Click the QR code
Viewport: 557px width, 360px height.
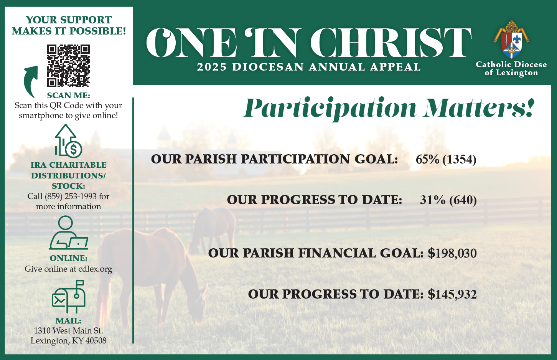click(68, 66)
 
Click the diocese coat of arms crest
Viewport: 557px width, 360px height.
click(511, 39)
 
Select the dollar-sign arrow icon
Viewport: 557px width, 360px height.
click(68, 141)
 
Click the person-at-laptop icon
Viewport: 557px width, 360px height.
click(69, 233)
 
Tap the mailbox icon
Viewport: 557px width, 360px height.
click(69, 297)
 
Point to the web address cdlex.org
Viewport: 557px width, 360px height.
click(95, 269)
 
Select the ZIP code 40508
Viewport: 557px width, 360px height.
click(96, 340)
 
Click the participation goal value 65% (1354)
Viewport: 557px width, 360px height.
click(446, 160)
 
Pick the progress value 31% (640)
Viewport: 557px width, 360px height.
click(448, 200)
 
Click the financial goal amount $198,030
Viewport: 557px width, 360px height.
click(452, 253)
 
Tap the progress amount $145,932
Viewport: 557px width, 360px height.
click(452, 294)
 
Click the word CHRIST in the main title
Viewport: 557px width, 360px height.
click(391, 43)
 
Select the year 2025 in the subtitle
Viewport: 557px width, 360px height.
click(212, 67)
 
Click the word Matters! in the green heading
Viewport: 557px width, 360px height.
click(479, 108)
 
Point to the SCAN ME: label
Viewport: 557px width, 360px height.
click(68, 95)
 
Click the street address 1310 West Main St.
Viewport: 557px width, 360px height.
click(68, 331)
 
